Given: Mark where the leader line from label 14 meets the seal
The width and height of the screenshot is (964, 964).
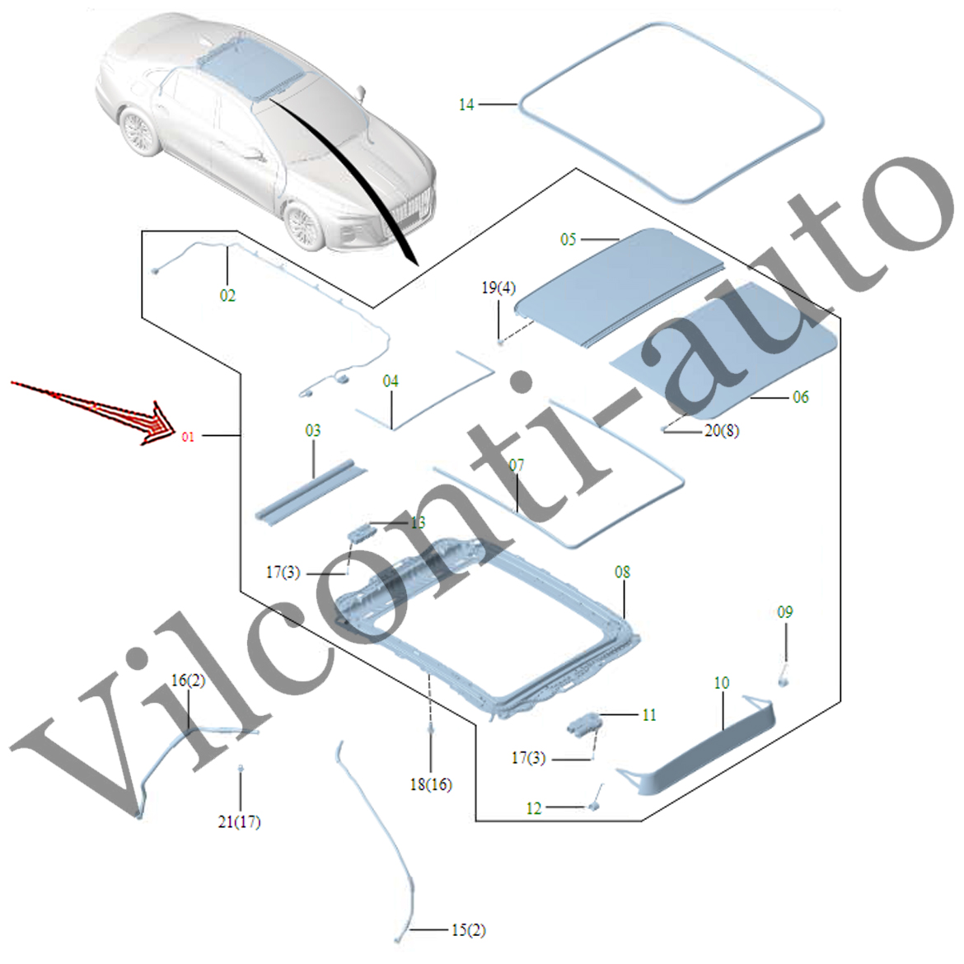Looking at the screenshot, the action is pos(518,105).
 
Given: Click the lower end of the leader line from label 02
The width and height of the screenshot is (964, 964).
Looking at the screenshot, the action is pos(227,286).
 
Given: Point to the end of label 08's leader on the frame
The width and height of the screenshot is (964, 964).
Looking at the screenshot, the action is pos(624,619).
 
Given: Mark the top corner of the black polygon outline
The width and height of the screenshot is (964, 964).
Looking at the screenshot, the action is pos(576,168).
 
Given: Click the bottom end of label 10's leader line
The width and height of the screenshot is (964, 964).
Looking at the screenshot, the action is pos(723,729).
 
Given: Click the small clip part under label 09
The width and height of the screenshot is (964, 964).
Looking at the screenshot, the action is pos(784,676).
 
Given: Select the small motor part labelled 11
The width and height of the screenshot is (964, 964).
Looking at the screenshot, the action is pos(583,723).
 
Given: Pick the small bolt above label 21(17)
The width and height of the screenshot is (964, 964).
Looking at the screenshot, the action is pos(241,769).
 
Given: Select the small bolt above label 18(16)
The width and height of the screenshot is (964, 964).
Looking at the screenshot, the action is pos(430,729).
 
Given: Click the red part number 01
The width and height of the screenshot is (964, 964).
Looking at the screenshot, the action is pos(188,437).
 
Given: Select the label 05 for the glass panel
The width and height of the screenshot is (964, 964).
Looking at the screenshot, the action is pos(568,239).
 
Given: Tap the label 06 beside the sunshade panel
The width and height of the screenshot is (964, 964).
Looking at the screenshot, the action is pos(801,397).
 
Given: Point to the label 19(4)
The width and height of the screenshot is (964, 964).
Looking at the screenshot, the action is pos(498,288).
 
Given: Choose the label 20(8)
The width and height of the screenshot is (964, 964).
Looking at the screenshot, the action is pos(722,430).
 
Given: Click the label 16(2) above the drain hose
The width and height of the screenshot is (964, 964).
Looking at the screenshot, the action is pos(188,681).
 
